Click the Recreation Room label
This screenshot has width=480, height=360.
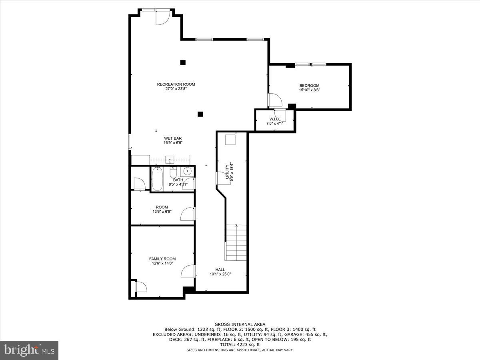[x=176, y=84]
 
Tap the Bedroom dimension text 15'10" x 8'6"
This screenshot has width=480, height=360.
[x=309, y=90]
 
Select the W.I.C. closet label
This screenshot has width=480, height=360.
[x=274, y=119]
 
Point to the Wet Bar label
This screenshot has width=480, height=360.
[x=173, y=138]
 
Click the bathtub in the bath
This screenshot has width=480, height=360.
[x=157, y=179]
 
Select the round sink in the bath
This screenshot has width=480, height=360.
[x=187, y=171]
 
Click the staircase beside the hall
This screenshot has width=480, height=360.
[x=236, y=242]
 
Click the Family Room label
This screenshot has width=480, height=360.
[x=162, y=259]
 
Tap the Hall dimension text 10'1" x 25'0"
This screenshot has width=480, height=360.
[x=220, y=274]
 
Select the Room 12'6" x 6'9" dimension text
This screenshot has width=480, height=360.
[x=162, y=212]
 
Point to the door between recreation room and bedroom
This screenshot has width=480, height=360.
[x=274, y=100]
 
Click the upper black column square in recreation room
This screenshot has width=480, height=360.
[x=183, y=62]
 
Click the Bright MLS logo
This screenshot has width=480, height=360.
[x=29, y=350]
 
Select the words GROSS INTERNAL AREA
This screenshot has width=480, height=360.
[x=240, y=324]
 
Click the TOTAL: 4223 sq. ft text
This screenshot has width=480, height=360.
[x=240, y=344]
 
